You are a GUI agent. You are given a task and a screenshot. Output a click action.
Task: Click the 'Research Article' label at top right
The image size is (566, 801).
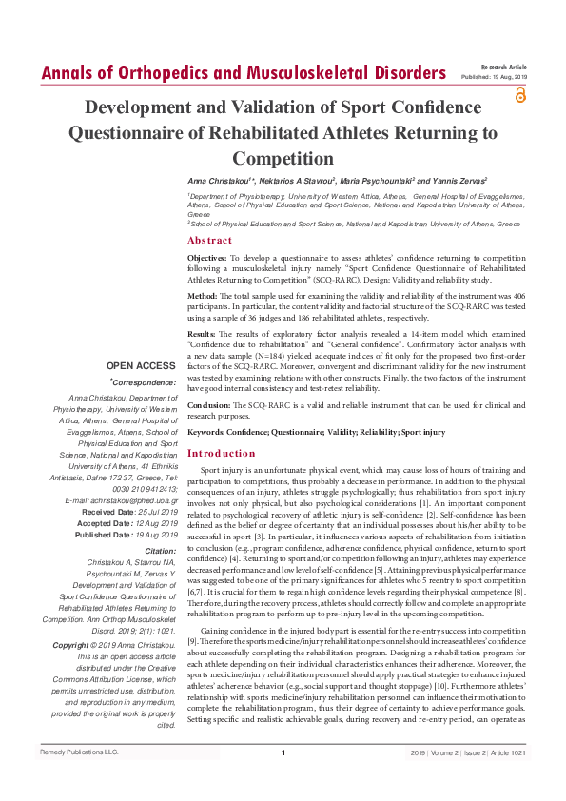[504, 68]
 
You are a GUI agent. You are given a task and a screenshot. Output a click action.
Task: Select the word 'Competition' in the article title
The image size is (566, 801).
[282, 158]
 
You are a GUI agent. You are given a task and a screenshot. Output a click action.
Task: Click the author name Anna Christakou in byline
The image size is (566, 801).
[221, 179]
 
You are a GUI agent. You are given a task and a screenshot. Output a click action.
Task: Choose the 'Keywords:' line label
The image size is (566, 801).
[208, 431]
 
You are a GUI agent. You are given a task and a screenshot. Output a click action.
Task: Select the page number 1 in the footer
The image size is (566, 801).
[283, 780]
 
